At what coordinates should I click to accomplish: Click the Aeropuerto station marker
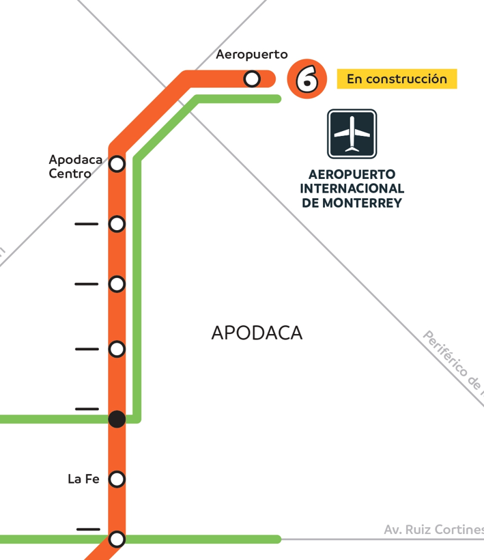pos(252,79)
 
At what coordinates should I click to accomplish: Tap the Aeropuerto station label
pos(252,55)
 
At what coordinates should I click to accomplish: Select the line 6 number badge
pos(307,79)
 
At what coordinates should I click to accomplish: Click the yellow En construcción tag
pos(397,79)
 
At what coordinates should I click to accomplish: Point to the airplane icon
pos(352,133)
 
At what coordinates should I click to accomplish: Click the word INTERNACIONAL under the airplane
pos(352,188)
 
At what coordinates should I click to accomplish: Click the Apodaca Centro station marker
pos(117,164)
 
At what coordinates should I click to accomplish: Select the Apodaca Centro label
pos(75,167)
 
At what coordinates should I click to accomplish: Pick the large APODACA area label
pos(257,333)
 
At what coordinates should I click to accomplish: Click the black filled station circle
pos(117,419)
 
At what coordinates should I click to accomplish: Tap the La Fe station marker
pos(117,479)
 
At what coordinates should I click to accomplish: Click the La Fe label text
pos(83,479)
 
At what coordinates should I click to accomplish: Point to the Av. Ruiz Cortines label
pos(433,530)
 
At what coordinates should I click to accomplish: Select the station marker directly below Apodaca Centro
pos(117,224)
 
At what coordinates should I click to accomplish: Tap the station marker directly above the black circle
pos(117,350)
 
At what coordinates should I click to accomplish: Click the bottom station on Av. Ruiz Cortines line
pos(117,539)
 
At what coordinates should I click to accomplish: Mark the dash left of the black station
pos(87,408)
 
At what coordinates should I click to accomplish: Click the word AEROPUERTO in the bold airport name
pos(352,174)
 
